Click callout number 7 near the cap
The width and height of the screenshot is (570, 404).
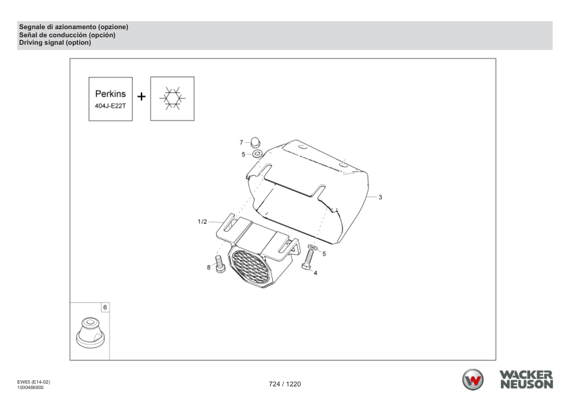[241, 142]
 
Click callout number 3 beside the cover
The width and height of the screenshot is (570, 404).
[380, 197]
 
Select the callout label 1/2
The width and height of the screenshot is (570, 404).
[202, 222]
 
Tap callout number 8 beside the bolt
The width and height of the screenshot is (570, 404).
[209, 268]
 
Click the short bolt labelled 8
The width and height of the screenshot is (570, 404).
[219, 264]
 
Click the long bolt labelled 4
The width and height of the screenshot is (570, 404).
[309, 262]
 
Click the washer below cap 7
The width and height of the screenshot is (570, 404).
[258, 155]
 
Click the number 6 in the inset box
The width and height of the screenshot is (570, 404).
[104, 307]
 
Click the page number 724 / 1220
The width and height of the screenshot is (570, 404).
[284, 384]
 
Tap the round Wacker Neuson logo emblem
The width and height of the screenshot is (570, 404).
[473, 380]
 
